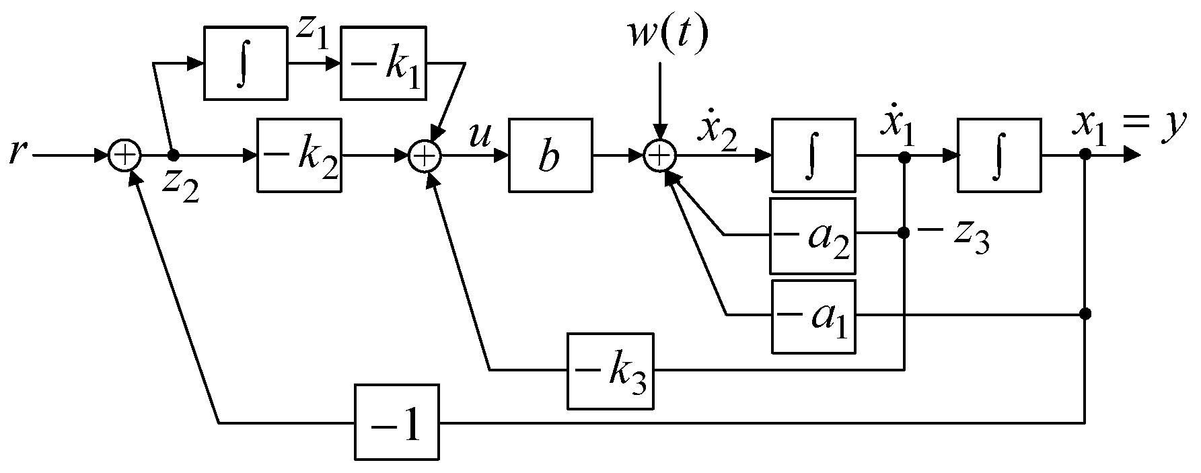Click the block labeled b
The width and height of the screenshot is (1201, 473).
coord(550,155)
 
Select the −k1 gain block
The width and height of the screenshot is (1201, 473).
coord(383,63)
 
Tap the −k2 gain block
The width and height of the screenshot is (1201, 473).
coord(299,155)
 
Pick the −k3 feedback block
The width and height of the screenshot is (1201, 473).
coord(610,371)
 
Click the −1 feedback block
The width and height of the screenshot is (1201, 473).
coord(397,422)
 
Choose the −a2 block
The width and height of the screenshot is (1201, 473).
coord(813,235)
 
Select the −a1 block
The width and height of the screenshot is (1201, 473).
coord(813,316)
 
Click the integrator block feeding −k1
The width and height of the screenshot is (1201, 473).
coord(246,63)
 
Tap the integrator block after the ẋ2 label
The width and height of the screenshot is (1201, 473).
coord(813,155)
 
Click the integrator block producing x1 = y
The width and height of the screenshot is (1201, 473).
coord(999,155)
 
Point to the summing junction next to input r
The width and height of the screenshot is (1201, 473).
coord(124,155)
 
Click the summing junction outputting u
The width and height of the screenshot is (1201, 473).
coord(424,155)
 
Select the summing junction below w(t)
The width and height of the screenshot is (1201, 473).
coord(659,155)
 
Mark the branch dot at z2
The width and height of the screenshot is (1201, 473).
coord(173,155)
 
